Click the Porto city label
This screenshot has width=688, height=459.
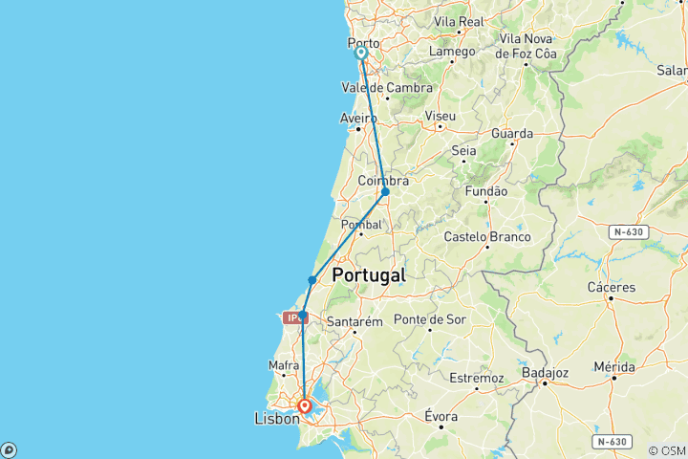pos(363,43)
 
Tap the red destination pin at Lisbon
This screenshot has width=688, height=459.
pos(305,406)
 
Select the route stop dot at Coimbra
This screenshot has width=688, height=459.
pos(385,192)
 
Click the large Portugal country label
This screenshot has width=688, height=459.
pos(368,275)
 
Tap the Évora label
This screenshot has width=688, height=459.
pos(441,417)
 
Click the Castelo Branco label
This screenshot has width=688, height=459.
pos(484,236)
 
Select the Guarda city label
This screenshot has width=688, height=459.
pos(512,134)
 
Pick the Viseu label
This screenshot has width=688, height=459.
pos(440,116)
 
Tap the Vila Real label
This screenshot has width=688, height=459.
pos(459,21)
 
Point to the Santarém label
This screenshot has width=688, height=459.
pos(355,321)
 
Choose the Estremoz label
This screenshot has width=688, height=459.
pos(476,378)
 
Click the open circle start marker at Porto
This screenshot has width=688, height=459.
pos(362,54)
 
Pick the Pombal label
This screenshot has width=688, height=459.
pos(361,225)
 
